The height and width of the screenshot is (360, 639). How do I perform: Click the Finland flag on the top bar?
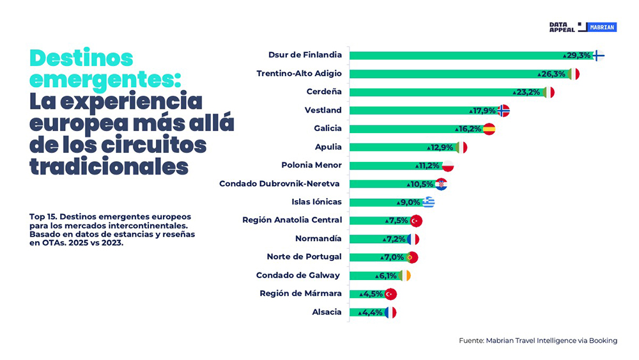597,56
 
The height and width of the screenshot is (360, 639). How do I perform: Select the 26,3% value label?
553,74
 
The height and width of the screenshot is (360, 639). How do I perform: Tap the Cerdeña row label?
324,91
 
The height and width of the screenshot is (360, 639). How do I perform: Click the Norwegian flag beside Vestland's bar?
504,111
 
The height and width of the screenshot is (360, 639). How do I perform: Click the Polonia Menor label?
311,165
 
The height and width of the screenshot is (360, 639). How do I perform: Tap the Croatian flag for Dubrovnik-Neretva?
441,184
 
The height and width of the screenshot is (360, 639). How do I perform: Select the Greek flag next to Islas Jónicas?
428,203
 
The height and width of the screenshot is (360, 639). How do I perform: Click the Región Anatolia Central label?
292,220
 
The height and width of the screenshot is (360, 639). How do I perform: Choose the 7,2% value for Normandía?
394,239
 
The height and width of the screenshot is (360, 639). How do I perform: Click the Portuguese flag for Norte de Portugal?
412,258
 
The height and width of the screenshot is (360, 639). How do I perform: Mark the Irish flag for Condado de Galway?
404,276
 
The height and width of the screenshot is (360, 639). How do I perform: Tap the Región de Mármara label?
300,293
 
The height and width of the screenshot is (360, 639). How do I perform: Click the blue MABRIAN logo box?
602,27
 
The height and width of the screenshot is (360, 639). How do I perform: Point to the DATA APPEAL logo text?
562,27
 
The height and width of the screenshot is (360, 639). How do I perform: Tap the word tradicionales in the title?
109,166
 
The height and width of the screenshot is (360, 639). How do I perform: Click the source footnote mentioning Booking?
538,341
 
